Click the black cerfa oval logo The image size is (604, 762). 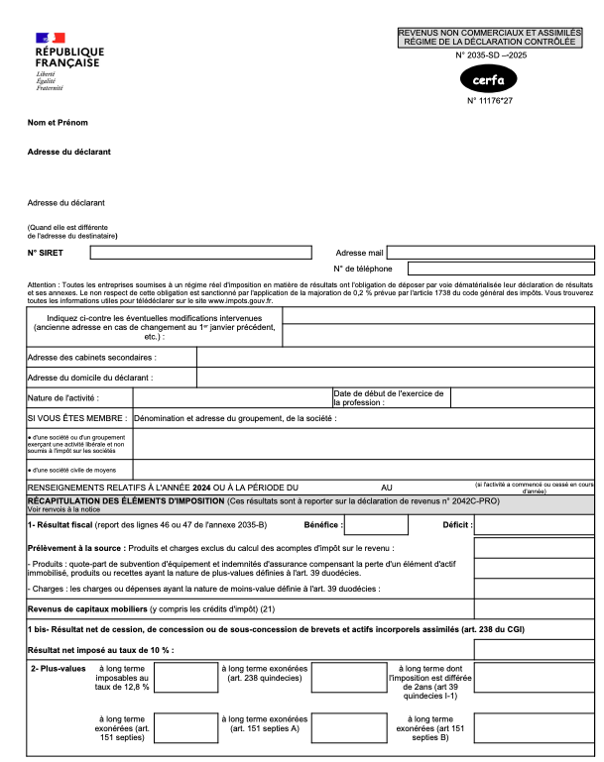click(x=488, y=79)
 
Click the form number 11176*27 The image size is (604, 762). click(x=489, y=101)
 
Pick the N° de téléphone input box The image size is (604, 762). click(x=501, y=269)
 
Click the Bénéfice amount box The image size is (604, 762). click(x=375, y=525)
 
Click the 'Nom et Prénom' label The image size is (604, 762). click(x=58, y=123)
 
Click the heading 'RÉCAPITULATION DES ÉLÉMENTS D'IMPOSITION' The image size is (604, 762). click(x=119, y=502)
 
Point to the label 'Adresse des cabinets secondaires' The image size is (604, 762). click(x=92, y=357)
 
